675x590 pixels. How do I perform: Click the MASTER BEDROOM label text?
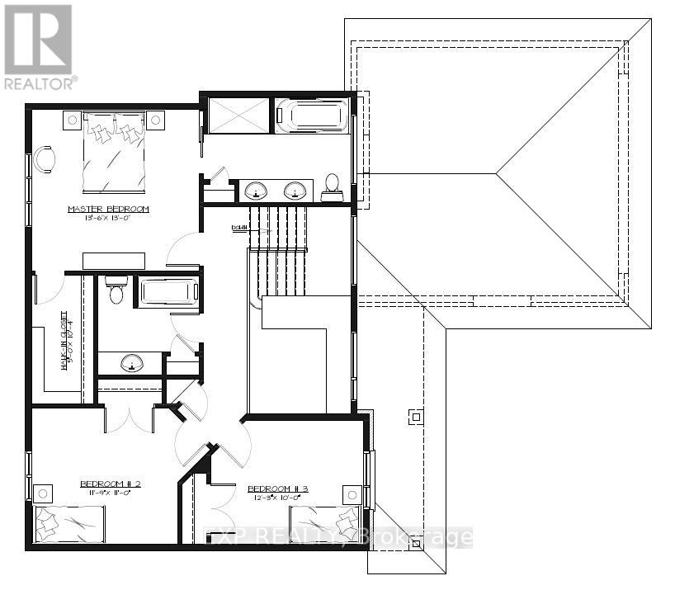(108, 210)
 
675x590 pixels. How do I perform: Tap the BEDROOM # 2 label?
(110, 484)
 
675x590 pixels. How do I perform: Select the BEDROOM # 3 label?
(278, 489)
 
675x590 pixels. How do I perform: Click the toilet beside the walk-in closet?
(116, 290)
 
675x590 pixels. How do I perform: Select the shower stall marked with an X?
(238, 114)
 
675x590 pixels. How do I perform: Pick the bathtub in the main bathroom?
(169, 292)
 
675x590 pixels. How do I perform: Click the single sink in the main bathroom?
(130, 362)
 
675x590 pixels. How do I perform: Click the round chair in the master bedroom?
(45, 158)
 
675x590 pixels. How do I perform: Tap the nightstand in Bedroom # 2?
(42, 493)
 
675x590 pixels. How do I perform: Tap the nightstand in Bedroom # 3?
(352, 495)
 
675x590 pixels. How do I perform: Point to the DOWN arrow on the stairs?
(240, 227)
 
